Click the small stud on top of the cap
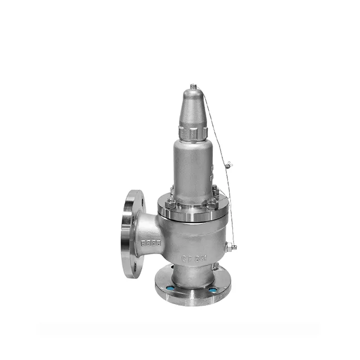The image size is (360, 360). (193, 86)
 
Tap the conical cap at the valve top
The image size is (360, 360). (193, 108)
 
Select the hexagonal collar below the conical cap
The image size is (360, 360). (193, 132)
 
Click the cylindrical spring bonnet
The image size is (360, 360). (193, 164)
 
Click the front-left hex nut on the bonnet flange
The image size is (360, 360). (171, 204)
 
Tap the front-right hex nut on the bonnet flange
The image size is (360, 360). (212, 204)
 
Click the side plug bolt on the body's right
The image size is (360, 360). (231, 247)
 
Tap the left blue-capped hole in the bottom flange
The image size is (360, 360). (170, 288)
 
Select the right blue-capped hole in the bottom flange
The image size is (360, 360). (212, 290)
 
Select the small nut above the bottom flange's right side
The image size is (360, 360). (216, 266)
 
